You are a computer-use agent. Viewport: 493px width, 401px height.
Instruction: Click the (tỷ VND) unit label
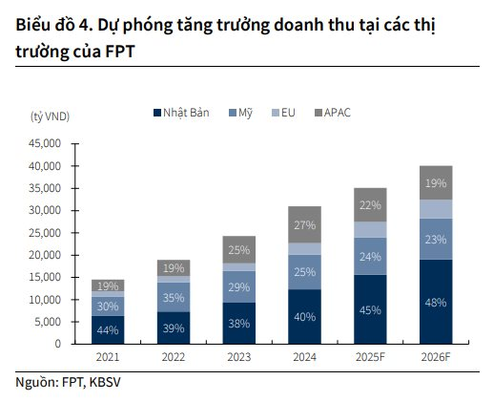pos(51,116)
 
